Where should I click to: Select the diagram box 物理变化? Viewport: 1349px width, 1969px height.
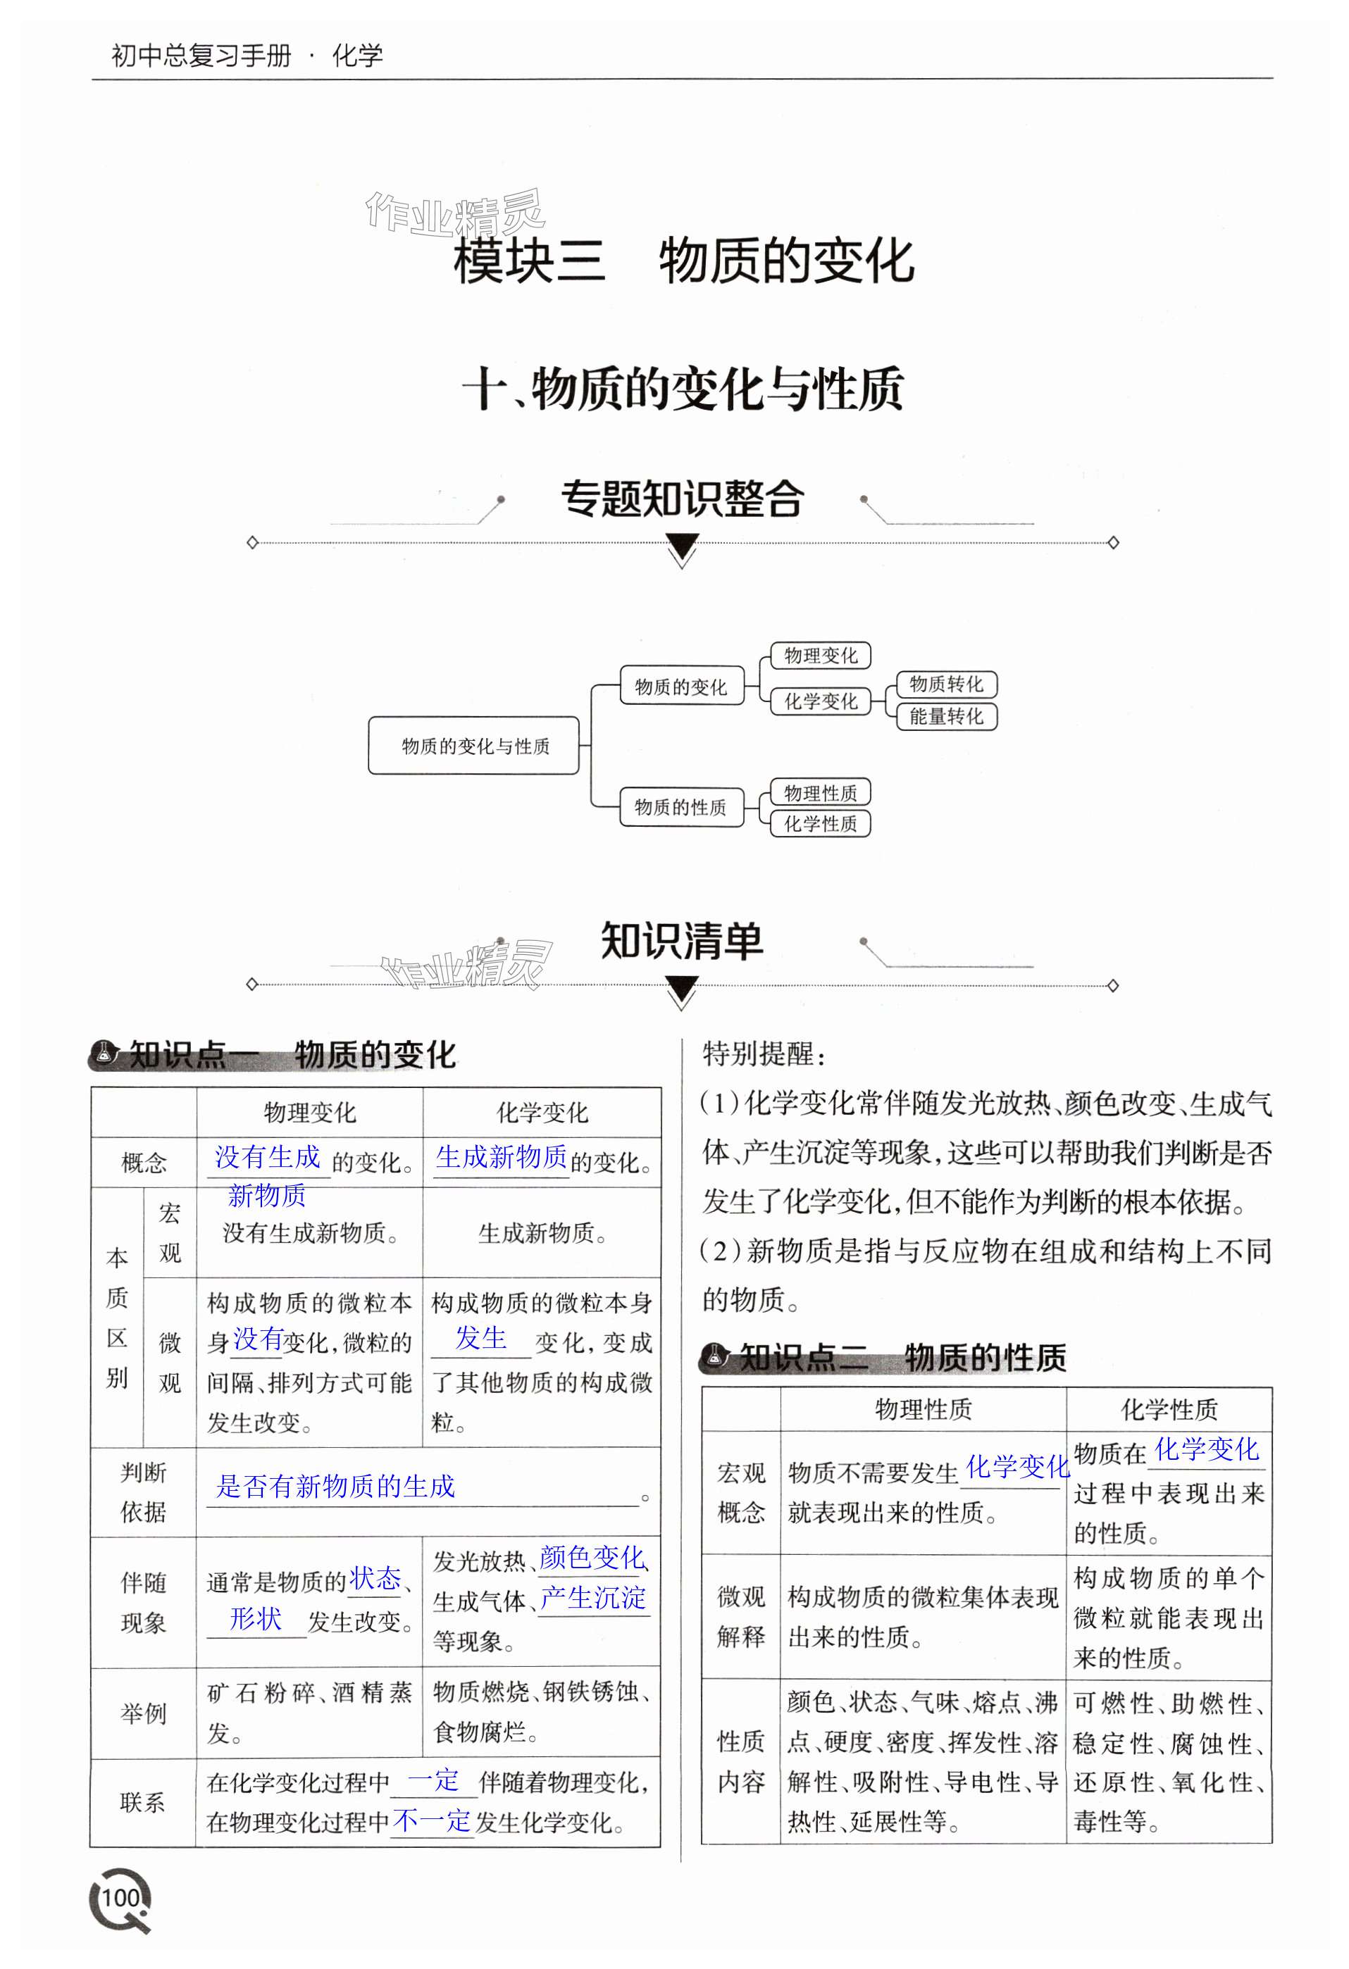(819, 655)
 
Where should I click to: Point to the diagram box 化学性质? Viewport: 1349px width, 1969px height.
(819, 823)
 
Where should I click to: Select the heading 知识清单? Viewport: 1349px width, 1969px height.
(682, 940)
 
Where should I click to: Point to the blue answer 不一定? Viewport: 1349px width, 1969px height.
(431, 1820)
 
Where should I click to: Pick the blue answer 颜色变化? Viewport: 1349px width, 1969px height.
(592, 1557)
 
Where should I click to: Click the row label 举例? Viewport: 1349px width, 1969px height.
(143, 1713)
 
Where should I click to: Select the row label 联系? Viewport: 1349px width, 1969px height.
(143, 1801)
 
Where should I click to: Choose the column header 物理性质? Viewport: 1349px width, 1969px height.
(923, 1410)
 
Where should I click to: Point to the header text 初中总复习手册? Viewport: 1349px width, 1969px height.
(201, 56)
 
